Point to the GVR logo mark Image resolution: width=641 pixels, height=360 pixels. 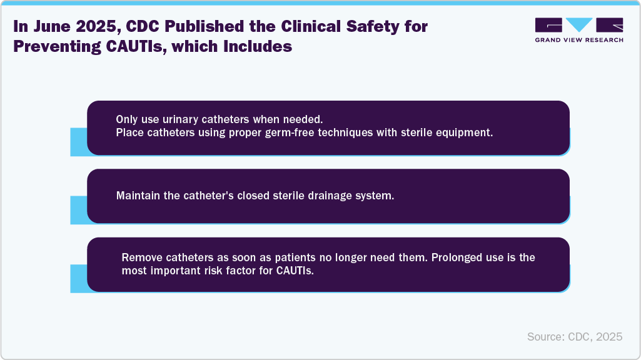click(579, 26)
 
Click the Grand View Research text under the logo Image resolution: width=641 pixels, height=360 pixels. click(579, 40)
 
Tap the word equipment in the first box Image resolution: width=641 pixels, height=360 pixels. click(467, 133)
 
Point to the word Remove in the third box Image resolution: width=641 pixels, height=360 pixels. click(139, 257)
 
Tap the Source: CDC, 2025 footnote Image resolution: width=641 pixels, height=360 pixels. click(575, 336)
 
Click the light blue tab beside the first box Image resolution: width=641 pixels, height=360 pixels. click(78, 141)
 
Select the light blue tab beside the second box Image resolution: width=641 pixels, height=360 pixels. click(78, 209)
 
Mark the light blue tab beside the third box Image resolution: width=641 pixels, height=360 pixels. click(78, 278)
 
